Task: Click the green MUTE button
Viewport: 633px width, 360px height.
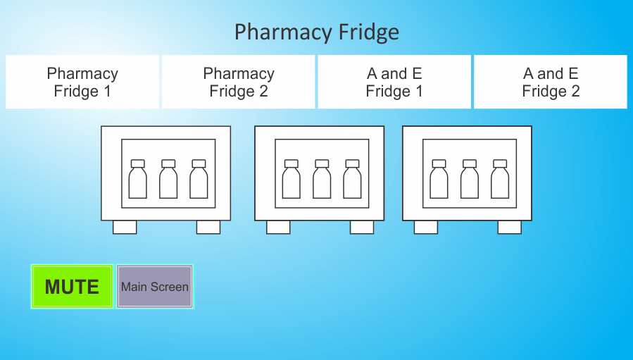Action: pyautogui.click(x=72, y=287)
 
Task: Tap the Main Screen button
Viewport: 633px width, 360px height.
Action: pyautogui.click(x=155, y=287)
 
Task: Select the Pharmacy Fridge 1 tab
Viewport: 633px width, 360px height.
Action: pyautogui.click(x=82, y=82)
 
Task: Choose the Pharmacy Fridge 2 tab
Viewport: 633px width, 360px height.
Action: pyautogui.click(x=238, y=82)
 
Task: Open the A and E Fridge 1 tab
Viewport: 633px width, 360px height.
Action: pyautogui.click(x=394, y=82)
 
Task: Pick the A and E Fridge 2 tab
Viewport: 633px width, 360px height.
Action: pyautogui.click(x=551, y=82)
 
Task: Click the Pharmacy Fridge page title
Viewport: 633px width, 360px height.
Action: pyautogui.click(x=317, y=32)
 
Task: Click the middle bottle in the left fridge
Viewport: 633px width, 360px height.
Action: pyautogui.click(x=168, y=179)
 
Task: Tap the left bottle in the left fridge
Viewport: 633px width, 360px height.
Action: pyautogui.click(x=138, y=179)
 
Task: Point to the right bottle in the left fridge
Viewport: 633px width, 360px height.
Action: pyautogui.click(x=199, y=179)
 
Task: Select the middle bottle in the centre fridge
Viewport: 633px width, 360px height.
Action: pyautogui.click(x=322, y=179)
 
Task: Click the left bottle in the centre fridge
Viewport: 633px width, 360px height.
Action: pyautogui.click(x=291, y=179)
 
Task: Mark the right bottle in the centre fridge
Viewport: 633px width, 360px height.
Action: pyautogui.click(x=353, y=179)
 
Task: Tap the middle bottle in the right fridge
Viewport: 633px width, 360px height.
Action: pyautogui.click(x=470, y=179)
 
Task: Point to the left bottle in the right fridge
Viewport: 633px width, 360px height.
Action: pyautogui.click(x=439, y=179)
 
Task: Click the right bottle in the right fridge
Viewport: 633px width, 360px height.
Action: pyautogui.click(x=500, y=179)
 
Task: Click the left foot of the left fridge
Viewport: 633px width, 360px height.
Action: pyautogui.click(x=125, y=227)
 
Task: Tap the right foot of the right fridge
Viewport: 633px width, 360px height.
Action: pyautogui.click(x=510, y=227)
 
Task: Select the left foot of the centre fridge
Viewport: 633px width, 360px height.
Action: pyautogui.click(x=278, y=227)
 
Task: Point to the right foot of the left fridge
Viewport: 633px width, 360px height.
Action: pyautogui.click(x=208, y=227)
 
